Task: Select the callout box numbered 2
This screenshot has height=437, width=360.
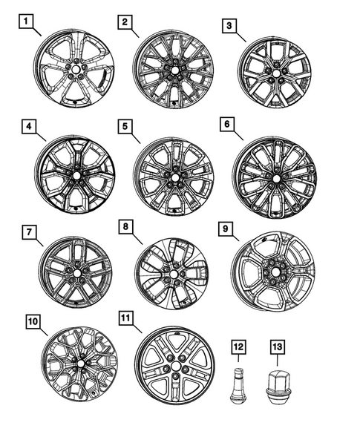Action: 123,22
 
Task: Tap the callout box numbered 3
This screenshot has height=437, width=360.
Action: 231,27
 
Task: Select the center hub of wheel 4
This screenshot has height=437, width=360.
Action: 76,175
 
